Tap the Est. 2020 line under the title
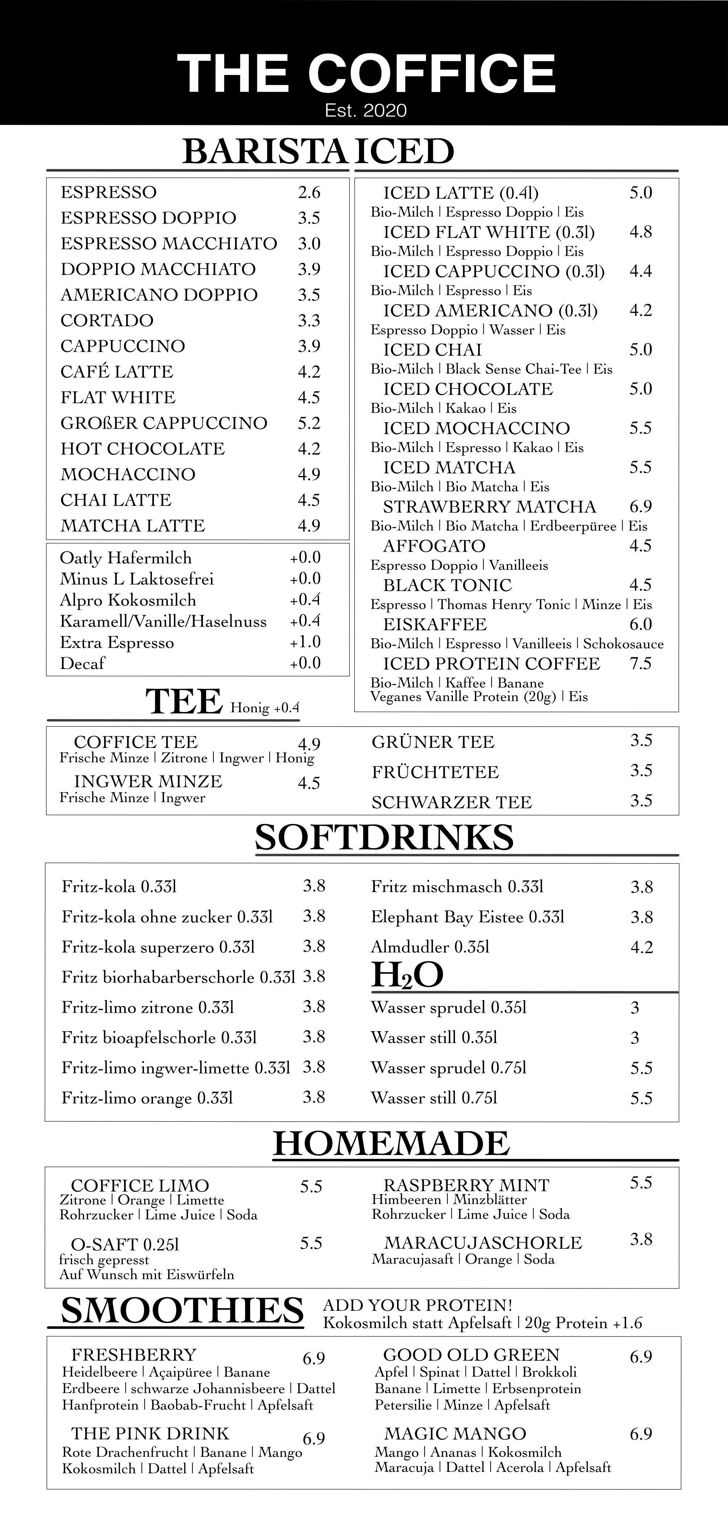[x=365, y=110]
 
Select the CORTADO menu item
[x=107, y=321]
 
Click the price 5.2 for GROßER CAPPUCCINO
[x=309, y=423]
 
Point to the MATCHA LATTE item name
[x=133, y=526]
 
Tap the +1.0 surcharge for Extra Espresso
[x=305, y=642]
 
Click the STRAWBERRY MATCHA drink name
[x=489, y=507]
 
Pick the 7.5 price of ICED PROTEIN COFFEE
[x=640, y=664]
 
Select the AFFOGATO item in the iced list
[x=434, y=546]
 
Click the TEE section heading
[x=184, y=702]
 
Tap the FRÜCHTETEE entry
[x=435, y=773]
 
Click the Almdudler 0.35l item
[x=430, y=947]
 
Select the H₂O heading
[x=407, y=975]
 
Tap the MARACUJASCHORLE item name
[x=483, y=1243]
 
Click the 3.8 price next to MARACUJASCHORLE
[x=641, y=1239]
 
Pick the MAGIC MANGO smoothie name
[x=455, y=1434]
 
